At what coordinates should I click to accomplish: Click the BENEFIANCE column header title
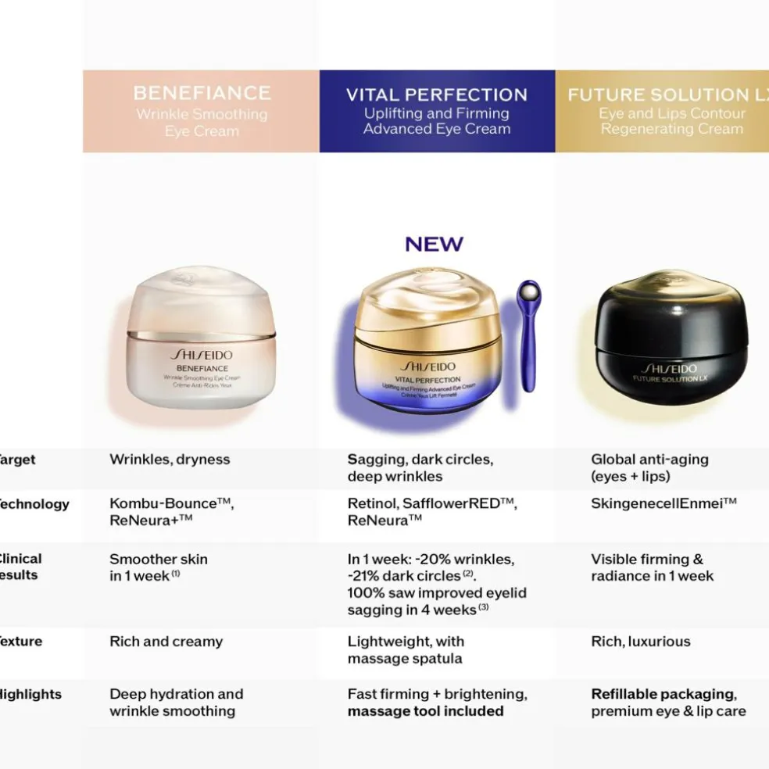[202, 93]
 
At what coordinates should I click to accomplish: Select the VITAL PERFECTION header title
[437, 95]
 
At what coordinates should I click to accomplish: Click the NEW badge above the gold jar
[434, 245]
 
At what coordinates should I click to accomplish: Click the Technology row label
[34, 504]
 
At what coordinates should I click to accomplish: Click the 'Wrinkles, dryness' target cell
[170, 460]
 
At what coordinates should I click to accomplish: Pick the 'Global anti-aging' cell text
[649, 460]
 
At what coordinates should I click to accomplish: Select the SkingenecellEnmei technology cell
[663, 504]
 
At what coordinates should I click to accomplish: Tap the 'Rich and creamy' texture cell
[166, 642]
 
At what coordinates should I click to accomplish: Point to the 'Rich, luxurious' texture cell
[641, 642]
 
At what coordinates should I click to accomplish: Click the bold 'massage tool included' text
[425, 711]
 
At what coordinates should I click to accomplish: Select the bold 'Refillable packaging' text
[663, 694]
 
